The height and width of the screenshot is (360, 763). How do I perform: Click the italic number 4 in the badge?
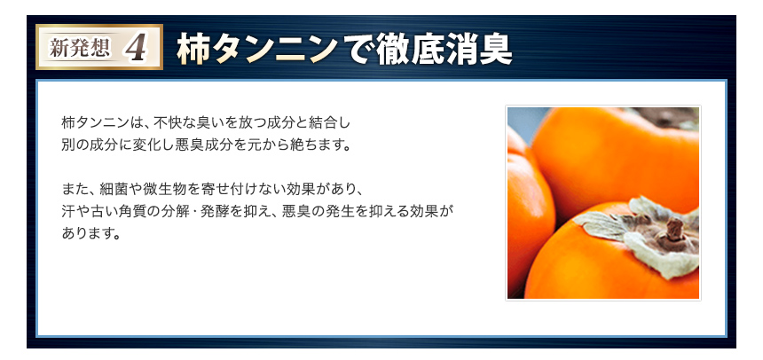(x=136, y=48)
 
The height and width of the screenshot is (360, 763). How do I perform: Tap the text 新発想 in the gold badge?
(x=80, y=49)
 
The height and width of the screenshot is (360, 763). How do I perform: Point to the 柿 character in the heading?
(x=194, y=49)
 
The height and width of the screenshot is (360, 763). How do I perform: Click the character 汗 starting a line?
(x=68, y=212)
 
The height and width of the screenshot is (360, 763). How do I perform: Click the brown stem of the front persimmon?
(x=674, y=229)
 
